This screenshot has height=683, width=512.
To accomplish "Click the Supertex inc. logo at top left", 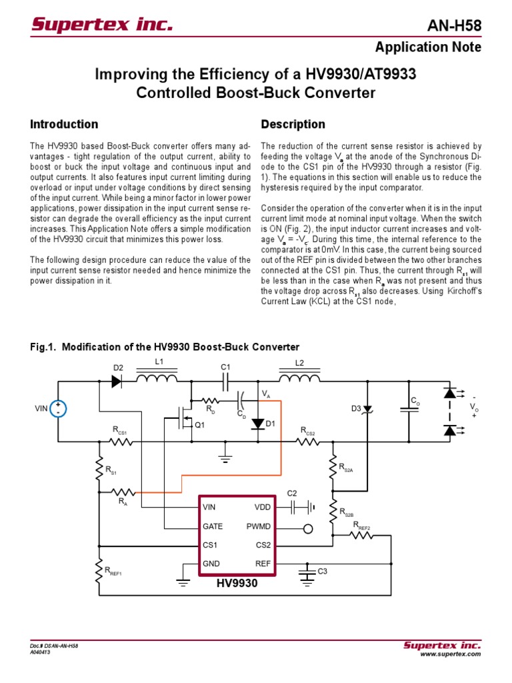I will (102, 25).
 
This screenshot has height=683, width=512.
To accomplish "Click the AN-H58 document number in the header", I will (453, 26).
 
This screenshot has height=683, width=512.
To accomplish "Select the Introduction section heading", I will (64, 124).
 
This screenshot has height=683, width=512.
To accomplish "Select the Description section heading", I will (293, 124).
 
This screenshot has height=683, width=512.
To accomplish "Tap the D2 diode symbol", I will (117, 382).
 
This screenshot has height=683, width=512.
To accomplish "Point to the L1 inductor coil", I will (157, 379).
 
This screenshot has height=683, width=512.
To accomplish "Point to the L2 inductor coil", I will (299, 379).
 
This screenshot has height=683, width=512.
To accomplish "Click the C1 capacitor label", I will (225, 367).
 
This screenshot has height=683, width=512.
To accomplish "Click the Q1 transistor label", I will (199, 424).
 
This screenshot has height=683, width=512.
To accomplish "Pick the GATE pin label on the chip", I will (213, 526).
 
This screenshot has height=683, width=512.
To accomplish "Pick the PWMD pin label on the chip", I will (259, 526).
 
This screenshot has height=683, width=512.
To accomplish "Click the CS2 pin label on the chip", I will (263, 545).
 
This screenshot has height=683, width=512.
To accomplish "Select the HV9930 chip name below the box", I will (236, 583).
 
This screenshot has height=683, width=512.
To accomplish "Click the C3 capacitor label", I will (322, 572).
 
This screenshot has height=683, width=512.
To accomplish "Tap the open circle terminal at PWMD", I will (307, 529).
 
